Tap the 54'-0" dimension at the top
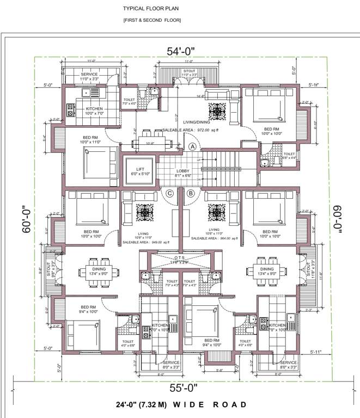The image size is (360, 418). point(181,51)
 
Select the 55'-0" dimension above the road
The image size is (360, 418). point(180,389)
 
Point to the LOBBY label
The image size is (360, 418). point(182,171)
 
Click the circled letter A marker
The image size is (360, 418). point(192,146)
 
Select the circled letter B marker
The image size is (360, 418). point(191,193)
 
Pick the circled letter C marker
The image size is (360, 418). point(170,193)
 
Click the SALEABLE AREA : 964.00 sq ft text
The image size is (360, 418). point(215,238)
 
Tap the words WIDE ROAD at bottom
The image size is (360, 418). point(209,404)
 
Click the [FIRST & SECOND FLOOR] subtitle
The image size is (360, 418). point(151,20)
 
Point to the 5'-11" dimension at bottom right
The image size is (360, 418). point(314,352)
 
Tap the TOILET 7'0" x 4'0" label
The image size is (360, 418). point(129,101)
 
